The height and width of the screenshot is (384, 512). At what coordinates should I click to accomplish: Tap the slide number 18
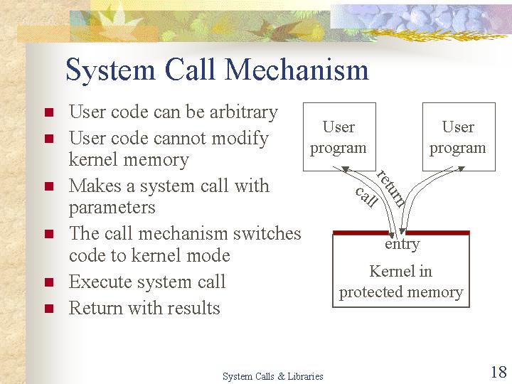tap(498, 372)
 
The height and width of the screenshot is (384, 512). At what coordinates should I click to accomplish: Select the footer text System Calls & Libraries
tap(272, 376)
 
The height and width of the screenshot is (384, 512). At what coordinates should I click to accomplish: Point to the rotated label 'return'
tap(391, 188)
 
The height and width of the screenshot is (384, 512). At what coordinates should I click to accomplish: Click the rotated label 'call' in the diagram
tap(367, 197)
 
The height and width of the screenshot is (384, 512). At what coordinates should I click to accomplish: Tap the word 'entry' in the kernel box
tap(402, 244)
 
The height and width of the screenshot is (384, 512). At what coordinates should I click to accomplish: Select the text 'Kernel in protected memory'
tap(401, 282)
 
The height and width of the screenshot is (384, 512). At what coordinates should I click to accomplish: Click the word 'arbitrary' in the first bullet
tap(244, 112)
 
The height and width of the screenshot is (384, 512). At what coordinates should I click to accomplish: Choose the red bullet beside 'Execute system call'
tap(49, 282)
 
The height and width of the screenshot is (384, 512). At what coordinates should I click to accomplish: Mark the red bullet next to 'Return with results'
tap(49, 309)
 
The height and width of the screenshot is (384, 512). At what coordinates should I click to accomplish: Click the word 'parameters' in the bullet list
tap(112, 208)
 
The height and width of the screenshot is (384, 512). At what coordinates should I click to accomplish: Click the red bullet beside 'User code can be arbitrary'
tap(49, 112)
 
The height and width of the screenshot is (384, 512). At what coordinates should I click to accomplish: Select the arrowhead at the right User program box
tap(461, 169)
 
